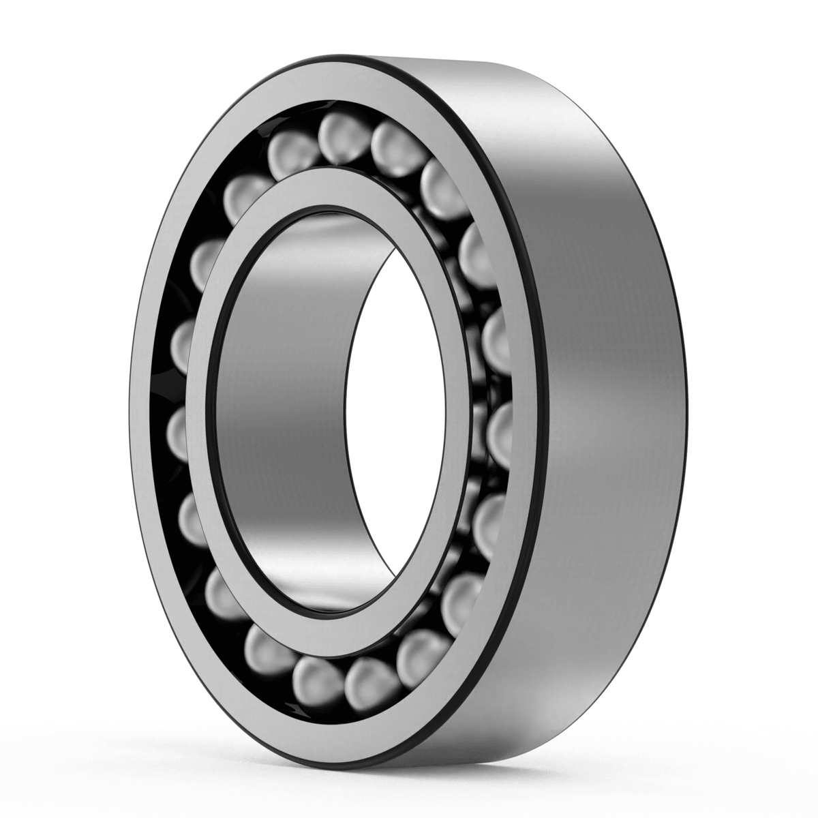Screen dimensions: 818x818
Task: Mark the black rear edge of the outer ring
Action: click(x=682, y=409)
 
